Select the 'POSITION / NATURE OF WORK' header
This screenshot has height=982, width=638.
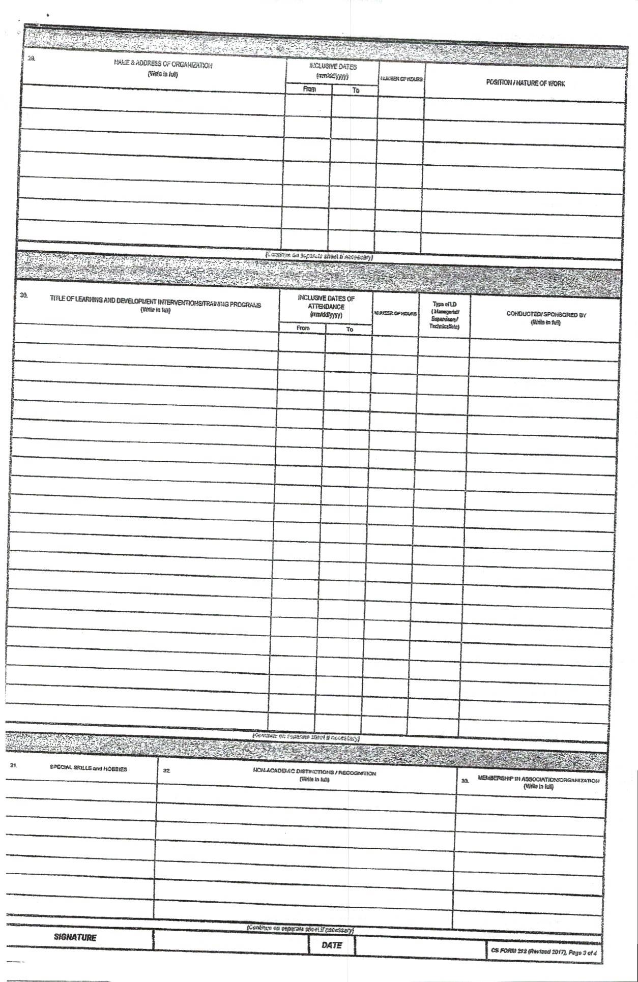pyautogui.click(x=525, y=83)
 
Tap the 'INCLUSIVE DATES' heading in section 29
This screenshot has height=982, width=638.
pyautogui.click(x=333, y=67)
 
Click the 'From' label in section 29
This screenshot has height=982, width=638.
pyautogui.click(x=309, y=90)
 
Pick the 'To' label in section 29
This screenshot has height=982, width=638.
pyautogui.click(x=356, y=91)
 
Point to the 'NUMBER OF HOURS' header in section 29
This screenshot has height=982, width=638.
pyautogui.click(x=401, y=79)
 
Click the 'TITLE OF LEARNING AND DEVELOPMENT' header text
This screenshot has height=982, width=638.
pyautogui.click(x=155, y=305)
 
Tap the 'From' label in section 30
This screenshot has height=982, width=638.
pyautogui.click(x=303, y=329)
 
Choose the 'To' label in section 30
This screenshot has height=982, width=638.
pyautogui.click(x=350, y=330)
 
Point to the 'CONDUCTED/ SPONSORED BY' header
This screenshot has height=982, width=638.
pyautogui.click(x=546, y=314)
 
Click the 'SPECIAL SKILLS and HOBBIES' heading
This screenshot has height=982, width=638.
pyautogui.click(x=89, y=769)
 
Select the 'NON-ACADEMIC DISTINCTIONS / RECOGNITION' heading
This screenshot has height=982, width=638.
pyautogui.click(x=314, y=773)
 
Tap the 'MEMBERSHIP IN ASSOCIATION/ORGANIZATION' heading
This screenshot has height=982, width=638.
pyautogui.click(x=538, y=780)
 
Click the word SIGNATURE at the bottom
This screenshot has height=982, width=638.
pyautogui.click(x=75, y=937)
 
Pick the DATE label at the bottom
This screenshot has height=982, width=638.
pyautogui.click(x=331, y=945)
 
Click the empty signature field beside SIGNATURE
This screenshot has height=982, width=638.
pyautogui.click(x=230, y=940)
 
